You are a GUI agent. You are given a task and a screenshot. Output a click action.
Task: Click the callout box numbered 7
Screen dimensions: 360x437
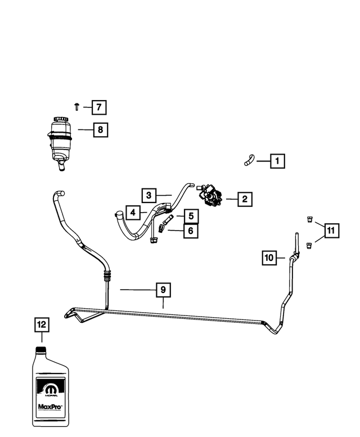click(99, 107)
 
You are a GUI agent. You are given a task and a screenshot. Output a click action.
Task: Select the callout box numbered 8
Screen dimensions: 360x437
click(101, 130)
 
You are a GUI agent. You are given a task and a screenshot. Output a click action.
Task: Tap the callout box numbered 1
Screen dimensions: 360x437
click(277, 161)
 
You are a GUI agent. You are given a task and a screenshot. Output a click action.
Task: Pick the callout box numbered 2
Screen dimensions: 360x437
click(245, 199)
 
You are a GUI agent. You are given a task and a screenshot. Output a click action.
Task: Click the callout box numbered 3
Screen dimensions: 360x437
click(149, 196)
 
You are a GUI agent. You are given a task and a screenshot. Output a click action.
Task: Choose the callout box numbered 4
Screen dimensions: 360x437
click(133, 213)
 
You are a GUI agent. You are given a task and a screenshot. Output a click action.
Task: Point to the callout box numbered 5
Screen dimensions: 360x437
click(191, 217)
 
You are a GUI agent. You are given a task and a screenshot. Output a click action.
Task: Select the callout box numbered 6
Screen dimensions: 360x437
click(191, 231)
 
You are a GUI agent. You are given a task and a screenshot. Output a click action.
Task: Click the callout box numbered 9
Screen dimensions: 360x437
click(163, 290)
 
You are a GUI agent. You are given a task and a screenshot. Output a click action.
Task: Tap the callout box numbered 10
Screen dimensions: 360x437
click(269, 258)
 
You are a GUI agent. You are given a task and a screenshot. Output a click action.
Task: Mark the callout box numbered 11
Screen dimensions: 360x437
click(331, 231)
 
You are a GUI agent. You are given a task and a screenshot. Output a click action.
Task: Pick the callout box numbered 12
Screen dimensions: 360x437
click(42, 325)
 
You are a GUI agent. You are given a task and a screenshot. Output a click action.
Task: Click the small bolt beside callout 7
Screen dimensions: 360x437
click(77, 107)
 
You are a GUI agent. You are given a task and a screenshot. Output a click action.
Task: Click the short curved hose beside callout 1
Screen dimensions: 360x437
click(249, 160)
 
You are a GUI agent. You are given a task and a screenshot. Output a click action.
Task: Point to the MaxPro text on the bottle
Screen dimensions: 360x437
click(51, 407)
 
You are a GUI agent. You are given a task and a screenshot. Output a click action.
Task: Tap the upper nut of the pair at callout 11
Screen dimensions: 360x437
click(309, 219)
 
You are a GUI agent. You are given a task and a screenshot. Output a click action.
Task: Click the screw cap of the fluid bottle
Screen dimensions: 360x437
click(41, 350)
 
